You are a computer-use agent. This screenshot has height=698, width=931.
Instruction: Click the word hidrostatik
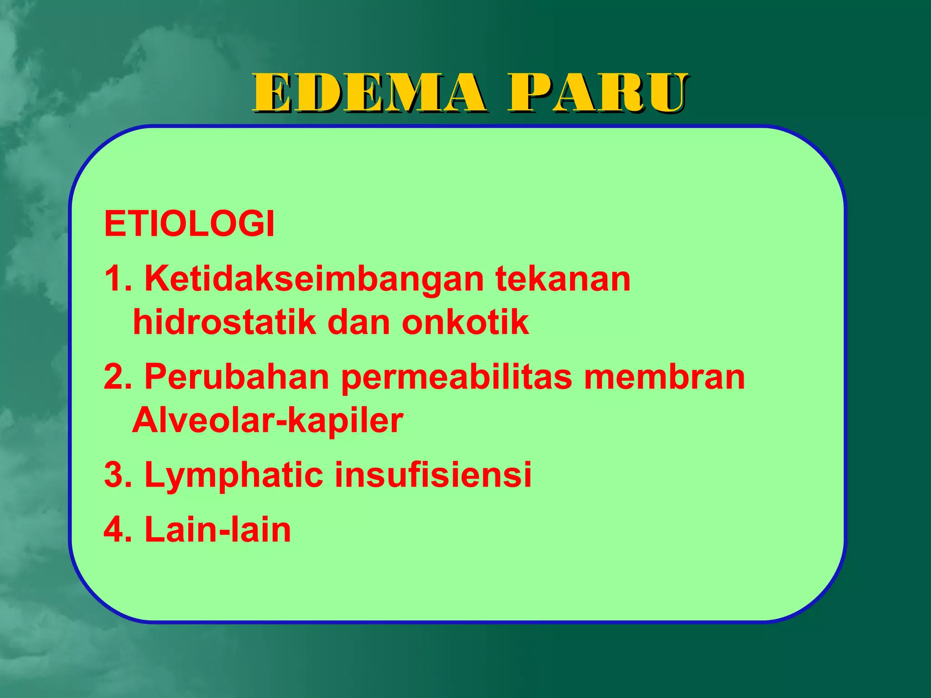(x=224, y=322)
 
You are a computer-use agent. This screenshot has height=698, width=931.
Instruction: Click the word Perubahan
(x=236, y=377)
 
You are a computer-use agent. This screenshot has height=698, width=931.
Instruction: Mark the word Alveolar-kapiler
(x=267, y=421)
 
